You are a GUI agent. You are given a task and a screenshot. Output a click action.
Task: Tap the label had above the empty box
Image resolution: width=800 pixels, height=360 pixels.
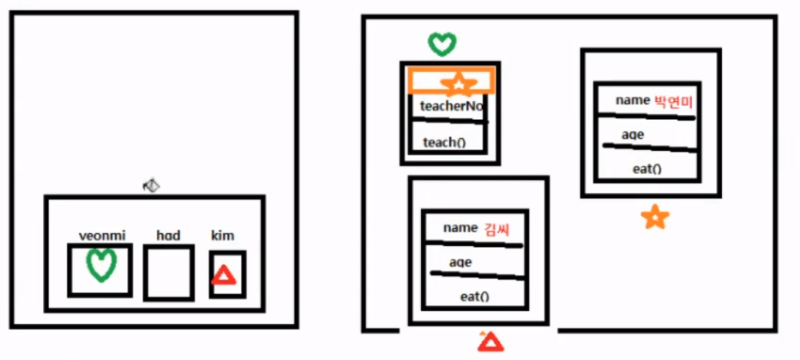pos(168,236)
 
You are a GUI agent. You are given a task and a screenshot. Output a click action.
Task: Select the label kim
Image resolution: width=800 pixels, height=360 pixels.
pos(223,236)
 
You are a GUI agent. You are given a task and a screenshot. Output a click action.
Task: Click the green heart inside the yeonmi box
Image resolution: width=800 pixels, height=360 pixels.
pos(101,266)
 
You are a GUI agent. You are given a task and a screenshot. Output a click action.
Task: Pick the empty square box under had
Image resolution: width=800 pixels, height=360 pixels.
pos(168,273)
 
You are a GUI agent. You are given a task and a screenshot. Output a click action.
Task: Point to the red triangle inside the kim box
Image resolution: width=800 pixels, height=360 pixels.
pos(224,275)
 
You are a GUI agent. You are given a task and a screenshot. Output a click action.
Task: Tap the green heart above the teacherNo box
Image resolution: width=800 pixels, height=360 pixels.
pos(442,43)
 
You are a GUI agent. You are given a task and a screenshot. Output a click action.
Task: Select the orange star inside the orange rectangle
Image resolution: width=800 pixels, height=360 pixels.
pos(460,83)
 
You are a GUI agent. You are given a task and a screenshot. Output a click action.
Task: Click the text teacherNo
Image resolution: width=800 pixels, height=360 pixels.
pos(451,107)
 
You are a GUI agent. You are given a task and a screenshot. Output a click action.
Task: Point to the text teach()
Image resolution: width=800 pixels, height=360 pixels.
pos(444,142)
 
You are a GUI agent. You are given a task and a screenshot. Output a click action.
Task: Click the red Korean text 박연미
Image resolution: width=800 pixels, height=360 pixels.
pos(673,101)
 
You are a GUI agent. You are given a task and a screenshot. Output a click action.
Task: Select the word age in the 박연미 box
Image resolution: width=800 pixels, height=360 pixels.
pos(633,135)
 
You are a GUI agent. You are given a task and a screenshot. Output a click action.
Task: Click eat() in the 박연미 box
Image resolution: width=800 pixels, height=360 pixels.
pos(647,168)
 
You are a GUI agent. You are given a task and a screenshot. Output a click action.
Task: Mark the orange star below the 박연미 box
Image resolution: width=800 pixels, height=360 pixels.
pos(654,218)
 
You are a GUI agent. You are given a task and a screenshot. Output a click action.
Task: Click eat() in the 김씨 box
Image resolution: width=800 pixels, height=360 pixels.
pos(474,297)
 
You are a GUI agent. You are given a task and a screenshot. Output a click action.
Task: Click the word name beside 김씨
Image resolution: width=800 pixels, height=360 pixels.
pos(460,228)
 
